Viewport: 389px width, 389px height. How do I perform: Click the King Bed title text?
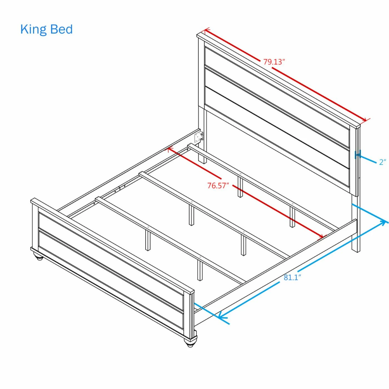(x=46, y=30)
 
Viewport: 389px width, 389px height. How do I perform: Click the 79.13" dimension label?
(x=274, y=62)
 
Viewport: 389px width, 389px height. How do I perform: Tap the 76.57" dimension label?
(x=218, y=186)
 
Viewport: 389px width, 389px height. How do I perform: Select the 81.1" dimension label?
(x=292, y=278)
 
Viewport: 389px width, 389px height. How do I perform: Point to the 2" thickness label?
(x=382, y=162)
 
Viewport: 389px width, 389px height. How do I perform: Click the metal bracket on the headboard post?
(x=199, y=137)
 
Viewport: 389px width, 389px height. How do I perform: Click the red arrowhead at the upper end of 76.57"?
(x=169, y=149)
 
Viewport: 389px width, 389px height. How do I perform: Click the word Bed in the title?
(x=61, y=30)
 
